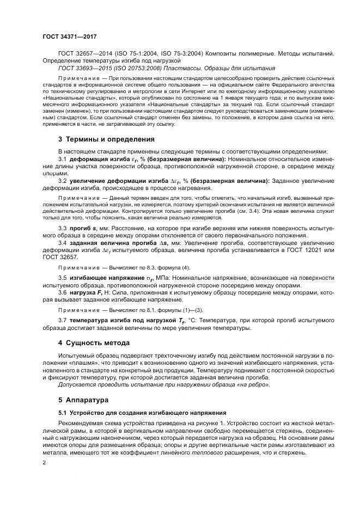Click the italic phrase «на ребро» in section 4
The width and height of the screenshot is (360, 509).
[x=255, y=384]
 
